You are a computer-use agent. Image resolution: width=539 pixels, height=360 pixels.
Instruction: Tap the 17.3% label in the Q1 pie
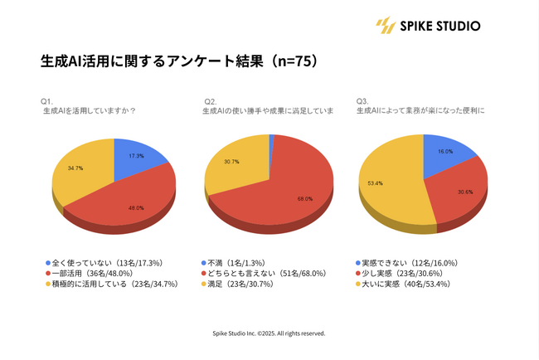137,155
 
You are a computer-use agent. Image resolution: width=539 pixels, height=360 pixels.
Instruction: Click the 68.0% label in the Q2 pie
304,199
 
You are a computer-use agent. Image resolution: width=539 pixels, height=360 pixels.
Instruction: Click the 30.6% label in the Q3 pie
467,192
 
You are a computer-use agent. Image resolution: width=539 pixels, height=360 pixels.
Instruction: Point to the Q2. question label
210,101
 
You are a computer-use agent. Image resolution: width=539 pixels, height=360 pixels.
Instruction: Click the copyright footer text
269,333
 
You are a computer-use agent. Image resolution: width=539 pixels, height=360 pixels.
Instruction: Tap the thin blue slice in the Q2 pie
271,139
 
